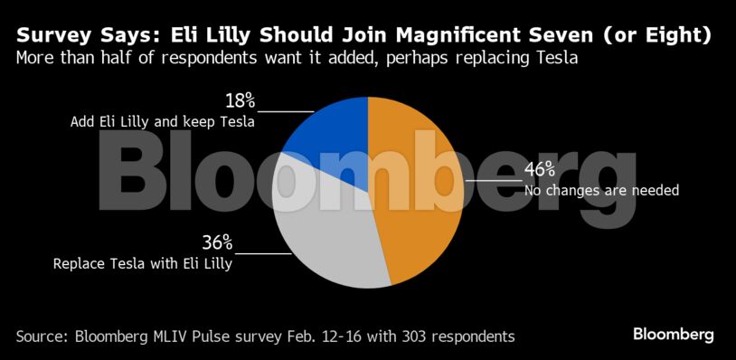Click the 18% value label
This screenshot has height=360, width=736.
click(241, 100)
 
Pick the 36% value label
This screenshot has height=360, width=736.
click(217, 242)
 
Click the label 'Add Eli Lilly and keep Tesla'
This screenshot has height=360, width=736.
click(162, 121)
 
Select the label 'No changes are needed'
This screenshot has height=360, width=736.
click(601, 191)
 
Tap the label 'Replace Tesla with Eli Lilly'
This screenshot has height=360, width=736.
click(143, 265)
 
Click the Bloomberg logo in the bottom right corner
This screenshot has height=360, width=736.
click(674, 335)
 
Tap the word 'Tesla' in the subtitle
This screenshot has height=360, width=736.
click(556, 59)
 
